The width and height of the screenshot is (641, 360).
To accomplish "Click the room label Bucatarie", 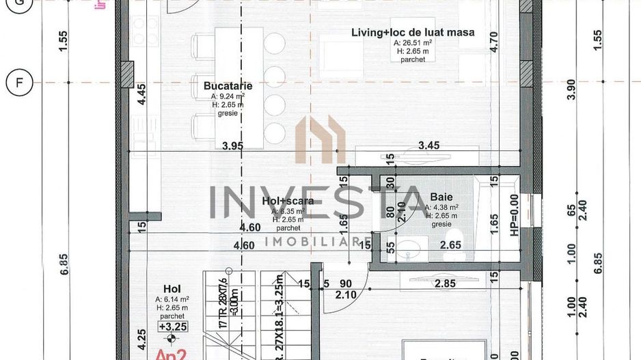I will click(228, 86).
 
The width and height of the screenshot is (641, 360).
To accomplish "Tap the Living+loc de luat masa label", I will click(413, 32).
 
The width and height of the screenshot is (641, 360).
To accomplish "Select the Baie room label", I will click(441, 195).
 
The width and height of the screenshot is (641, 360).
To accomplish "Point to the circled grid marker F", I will click(19, 83).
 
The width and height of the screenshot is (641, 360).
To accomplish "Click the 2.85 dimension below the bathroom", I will click(445, 283).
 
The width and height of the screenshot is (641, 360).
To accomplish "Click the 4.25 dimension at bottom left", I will click(141, 340).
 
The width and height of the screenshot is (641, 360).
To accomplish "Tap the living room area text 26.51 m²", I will click(413, 42).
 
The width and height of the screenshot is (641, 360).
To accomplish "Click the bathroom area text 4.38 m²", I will click(441, 207).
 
